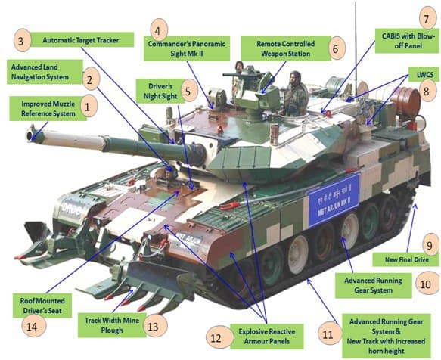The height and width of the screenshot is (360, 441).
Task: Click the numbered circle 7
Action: pos(427,19)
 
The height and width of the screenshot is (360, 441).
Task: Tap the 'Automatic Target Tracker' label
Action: pos(81,39)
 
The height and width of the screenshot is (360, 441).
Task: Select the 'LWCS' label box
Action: pos(425,75)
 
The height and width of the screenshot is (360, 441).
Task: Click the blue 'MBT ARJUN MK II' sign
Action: pos(334,200)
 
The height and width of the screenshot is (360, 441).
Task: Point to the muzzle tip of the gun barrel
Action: pos(30,135)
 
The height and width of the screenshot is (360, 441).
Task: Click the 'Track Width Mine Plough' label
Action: pos(112,325)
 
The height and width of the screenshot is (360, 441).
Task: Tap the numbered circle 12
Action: pos(216,338)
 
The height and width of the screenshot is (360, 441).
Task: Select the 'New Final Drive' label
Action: pos(406,259)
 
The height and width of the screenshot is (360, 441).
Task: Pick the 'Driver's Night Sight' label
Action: pos(160,91)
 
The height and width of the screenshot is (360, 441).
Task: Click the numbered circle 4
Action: pos(157,31)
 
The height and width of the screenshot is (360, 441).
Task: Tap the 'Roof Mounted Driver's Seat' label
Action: pos(42,306)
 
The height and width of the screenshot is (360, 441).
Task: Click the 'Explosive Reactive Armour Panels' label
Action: pos(266,337)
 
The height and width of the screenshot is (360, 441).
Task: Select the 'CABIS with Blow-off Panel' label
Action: pos(408,41)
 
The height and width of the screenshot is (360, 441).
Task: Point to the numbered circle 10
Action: pos(425,284)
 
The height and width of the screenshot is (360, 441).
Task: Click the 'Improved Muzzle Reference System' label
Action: pos(48,109)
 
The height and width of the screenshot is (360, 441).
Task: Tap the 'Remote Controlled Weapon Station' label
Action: pos(285,48)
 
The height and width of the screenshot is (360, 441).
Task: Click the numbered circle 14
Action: pos(32,327)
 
